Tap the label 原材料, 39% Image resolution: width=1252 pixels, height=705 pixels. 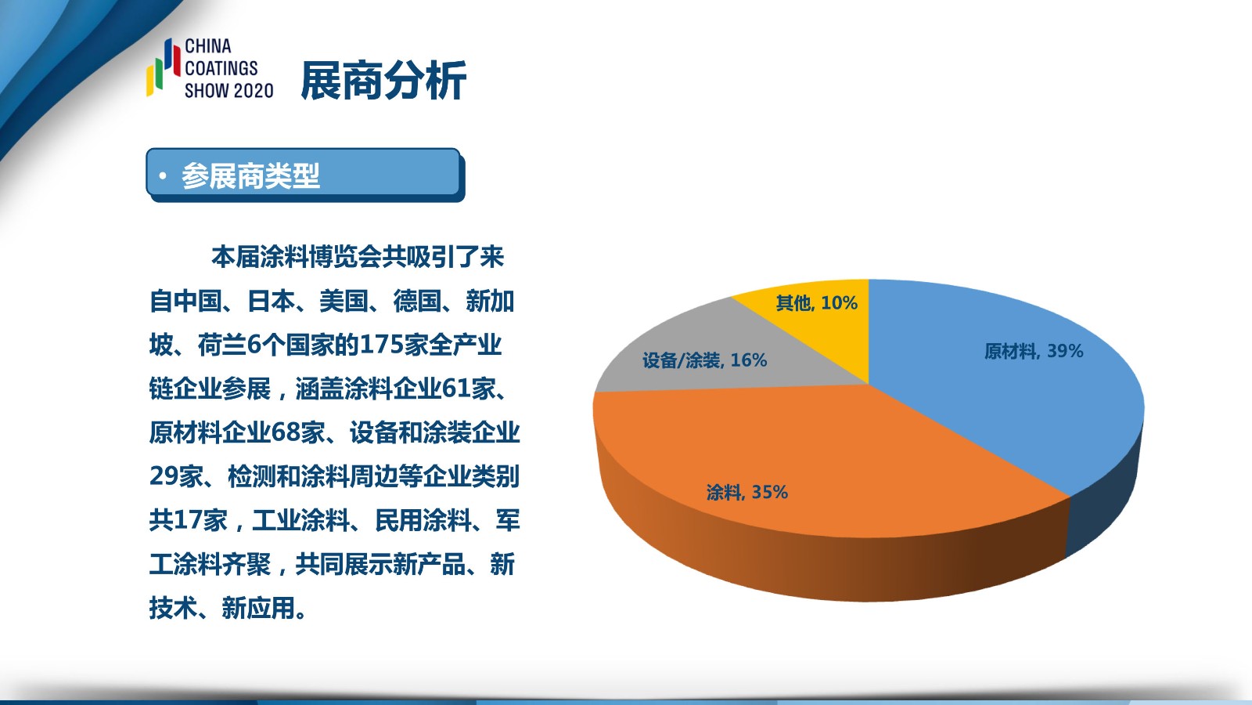tap(1034, 352)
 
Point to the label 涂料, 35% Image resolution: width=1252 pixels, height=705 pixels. tap(747, 493)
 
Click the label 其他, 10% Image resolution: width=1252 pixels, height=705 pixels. tap(817, 303)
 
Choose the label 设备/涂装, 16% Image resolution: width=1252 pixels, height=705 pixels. tap(705, 360)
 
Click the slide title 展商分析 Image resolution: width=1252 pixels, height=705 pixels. tap(383, 81)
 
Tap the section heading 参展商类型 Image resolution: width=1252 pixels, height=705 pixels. tap(250, 175)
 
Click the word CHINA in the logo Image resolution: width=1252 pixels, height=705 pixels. tap(208, 46)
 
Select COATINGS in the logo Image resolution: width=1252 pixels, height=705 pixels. tap(221, 68)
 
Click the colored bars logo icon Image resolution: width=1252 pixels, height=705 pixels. tap(164, 67)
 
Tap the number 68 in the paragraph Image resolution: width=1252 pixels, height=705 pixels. tap(286, 432)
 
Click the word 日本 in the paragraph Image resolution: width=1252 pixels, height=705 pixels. tap(272, 301)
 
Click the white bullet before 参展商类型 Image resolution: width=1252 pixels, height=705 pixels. tap(163, 176)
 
